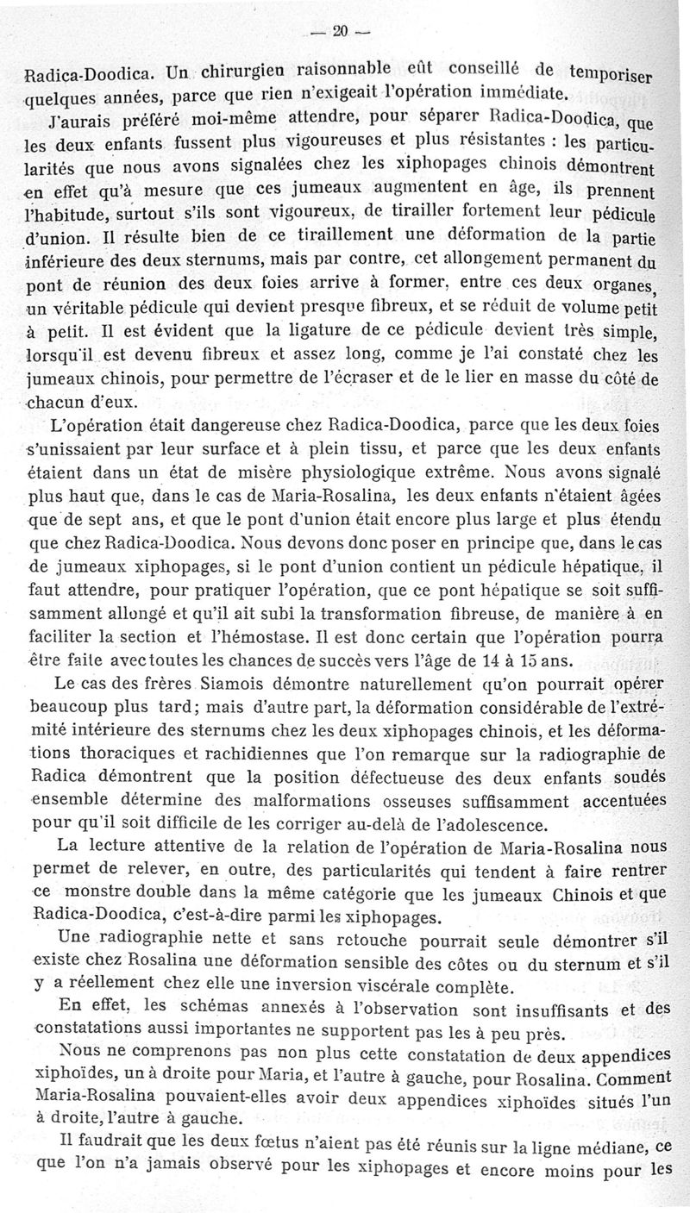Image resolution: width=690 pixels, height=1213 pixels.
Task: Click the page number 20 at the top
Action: pyautogui.click(x=339, y=32)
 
